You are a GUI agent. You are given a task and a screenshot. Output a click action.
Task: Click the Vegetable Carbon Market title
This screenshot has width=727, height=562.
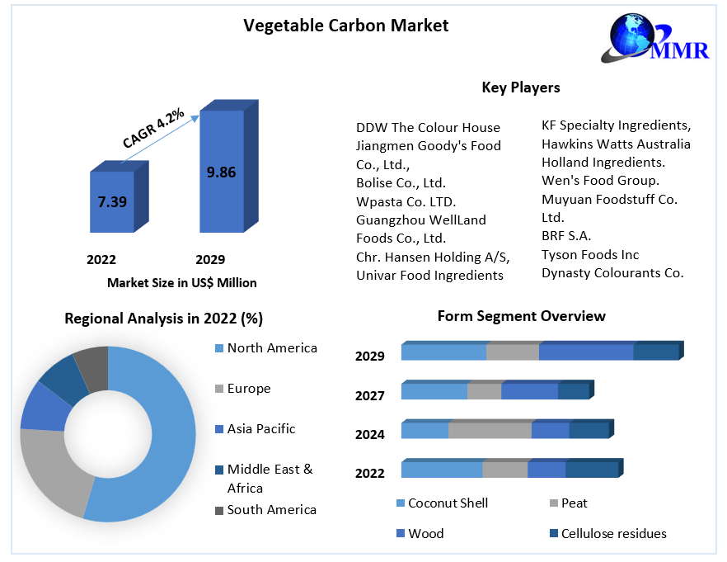click(346, 26)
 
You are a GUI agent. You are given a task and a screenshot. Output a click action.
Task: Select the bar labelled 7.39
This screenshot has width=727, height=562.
click(112, 201)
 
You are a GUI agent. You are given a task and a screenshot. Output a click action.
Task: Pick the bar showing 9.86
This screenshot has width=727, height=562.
click(221, 172)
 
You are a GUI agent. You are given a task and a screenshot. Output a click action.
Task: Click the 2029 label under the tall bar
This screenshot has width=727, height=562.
click(210, 259)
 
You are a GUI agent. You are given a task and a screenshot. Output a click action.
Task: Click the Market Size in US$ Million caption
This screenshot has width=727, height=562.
click(182, 282)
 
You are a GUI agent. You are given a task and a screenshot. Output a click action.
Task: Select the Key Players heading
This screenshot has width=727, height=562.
click(520, 87)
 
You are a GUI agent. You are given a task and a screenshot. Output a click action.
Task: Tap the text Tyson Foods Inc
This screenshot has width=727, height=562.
click(590, 255)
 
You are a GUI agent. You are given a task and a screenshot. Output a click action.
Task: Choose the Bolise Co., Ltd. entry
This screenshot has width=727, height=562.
click(401, 182)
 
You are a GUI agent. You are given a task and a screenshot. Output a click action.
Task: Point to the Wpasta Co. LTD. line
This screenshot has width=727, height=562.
click(406, 201)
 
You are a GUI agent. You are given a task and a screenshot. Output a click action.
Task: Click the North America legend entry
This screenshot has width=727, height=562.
click(271, 348)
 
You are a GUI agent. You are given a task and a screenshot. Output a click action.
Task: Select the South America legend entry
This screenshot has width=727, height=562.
click(271, 510)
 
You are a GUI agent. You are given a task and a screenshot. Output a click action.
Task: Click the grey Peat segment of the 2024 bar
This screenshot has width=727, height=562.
click(490, 430)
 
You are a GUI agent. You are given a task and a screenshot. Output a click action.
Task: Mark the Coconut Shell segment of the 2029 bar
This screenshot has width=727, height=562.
click(443, 352)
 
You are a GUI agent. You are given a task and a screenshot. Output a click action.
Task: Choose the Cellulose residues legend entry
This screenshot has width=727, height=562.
click(613, 534)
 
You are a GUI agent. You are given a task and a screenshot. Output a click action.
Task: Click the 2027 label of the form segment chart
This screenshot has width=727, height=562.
click(370, 396)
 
